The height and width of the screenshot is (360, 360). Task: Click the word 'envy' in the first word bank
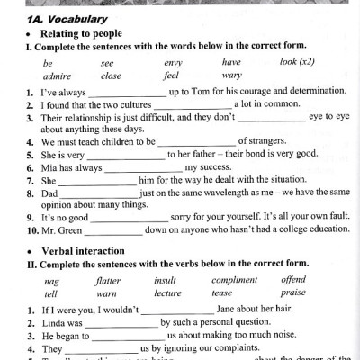click(173, 63)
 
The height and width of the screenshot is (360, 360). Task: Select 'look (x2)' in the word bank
click(300, 63)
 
